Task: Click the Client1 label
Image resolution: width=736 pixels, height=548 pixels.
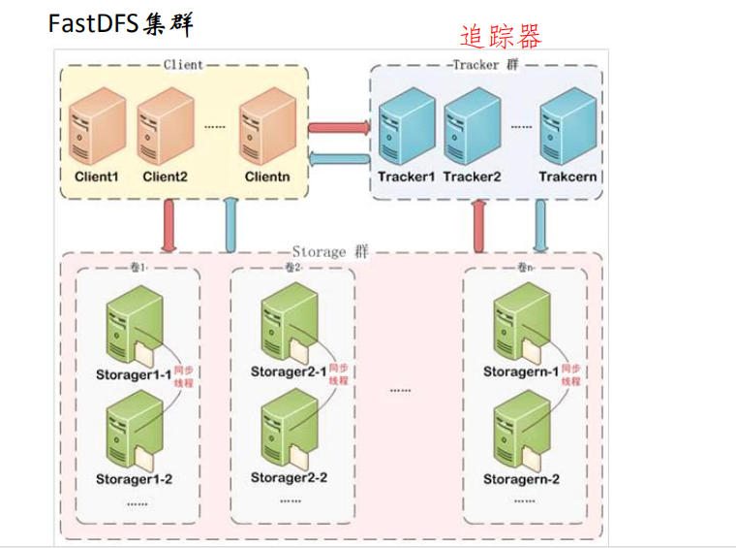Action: (96, 177)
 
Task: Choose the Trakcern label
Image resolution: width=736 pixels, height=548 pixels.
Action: (567, 177)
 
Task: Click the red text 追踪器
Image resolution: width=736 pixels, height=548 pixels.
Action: (500, 37)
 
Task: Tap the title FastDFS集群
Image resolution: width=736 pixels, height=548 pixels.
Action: (120, 23)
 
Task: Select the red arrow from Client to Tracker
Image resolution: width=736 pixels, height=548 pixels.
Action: (340, 126)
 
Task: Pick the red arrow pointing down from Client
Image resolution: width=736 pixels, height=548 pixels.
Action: (170, 224)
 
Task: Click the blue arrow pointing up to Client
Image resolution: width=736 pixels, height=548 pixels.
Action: (230, 224)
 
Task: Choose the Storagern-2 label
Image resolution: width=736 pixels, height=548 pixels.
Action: (521, 479)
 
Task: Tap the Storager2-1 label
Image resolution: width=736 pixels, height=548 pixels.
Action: (289, 372)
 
